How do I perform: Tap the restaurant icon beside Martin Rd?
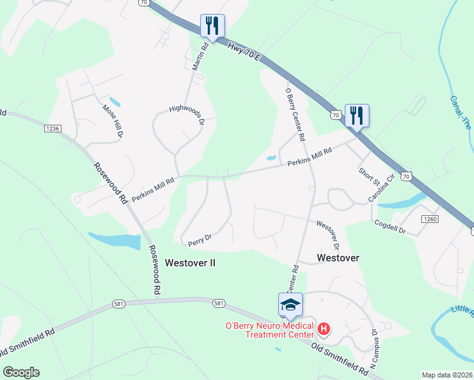coord(212,26)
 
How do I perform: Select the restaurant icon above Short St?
coord(357,115)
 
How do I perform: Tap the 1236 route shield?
coord(52,129)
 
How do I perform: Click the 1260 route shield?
coord(429,218)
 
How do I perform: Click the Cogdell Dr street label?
coord(390,226)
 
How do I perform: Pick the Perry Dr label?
coord(199,239)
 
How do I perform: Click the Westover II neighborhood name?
coord(190,262)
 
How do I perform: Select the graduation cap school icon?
coord(290,305)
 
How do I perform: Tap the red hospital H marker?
coord(324,328)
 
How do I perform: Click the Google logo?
coord(21,372)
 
